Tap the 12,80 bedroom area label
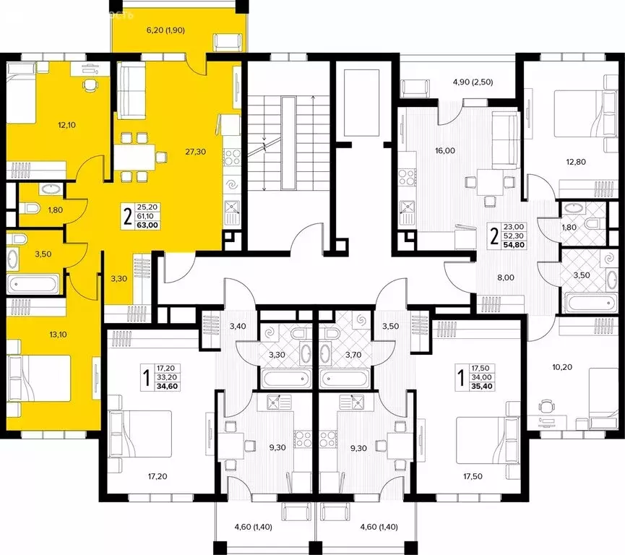pyautogui.click(x=577, y=161)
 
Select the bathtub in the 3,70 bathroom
pyautogui.click(x=347, y=379)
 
